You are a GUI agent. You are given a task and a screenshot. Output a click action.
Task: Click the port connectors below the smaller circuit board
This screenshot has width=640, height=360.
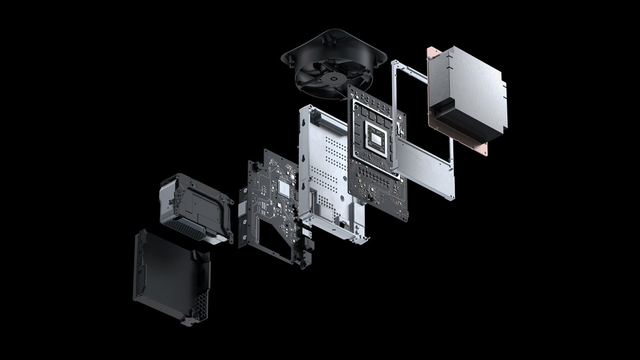pyautogui.click(x=305, y=247)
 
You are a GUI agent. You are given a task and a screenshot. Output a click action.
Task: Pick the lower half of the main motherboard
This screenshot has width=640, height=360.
pyautogui.click(x=383, y=188)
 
